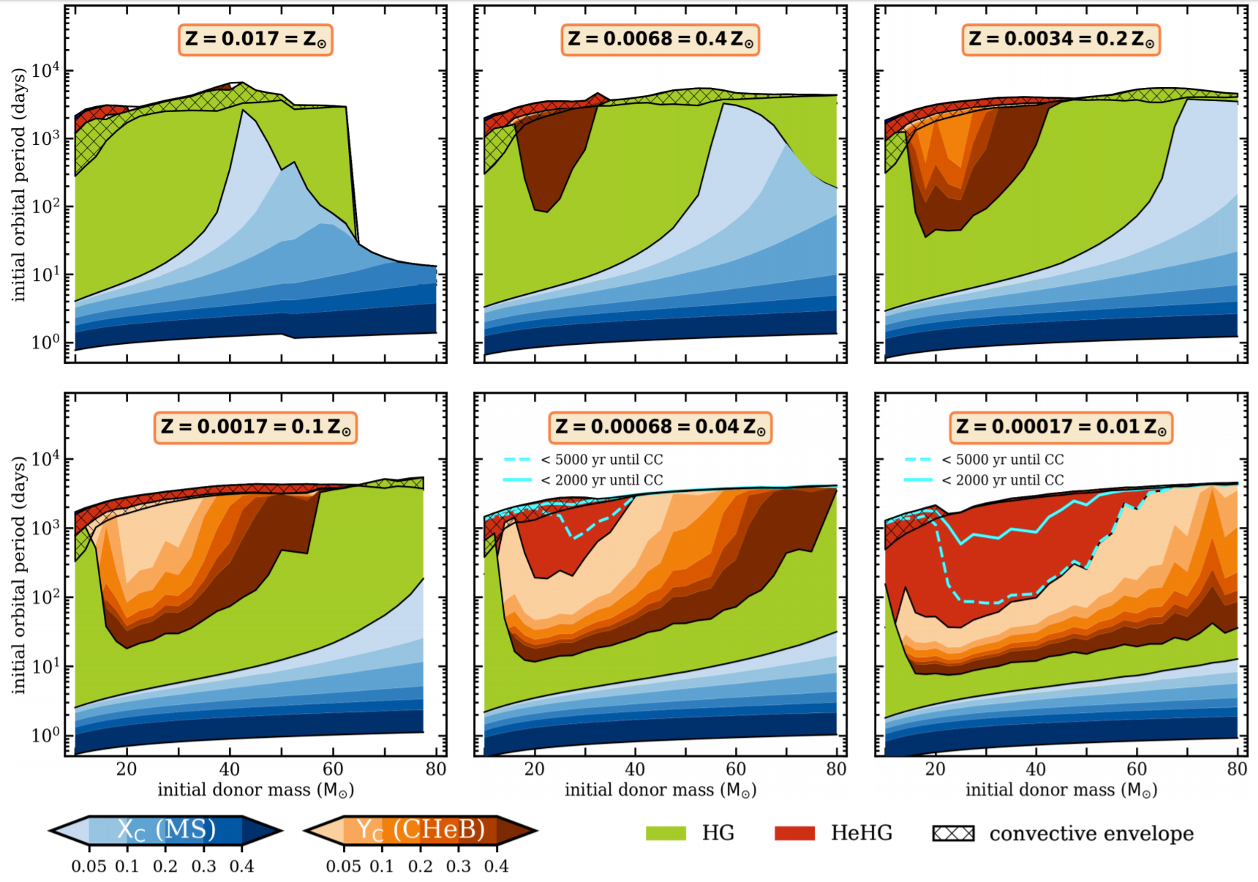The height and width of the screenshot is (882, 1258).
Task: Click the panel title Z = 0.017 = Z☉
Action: (255, 40)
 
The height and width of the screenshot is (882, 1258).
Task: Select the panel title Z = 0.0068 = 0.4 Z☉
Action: (660, 40)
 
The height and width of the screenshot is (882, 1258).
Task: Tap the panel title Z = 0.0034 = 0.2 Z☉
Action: (1061, 40)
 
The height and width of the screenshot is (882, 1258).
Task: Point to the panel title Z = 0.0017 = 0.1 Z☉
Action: (255, 427)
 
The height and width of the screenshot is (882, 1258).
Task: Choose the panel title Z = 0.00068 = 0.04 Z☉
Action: (660, 427)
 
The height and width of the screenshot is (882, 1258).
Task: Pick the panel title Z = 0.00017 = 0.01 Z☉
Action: (1061, 427)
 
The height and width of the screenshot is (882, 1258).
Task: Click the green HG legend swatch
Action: (666, 833)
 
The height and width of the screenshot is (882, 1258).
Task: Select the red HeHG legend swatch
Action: (794, 833)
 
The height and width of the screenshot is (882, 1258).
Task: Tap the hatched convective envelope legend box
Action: (953, 833)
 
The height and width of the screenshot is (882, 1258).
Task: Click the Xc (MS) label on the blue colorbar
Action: (166, 830)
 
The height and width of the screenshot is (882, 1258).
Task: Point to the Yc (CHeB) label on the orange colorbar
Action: (421, 830)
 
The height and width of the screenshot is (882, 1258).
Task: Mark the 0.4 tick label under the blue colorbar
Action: (241, 867)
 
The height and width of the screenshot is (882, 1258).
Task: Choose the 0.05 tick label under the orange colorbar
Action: (343, 867)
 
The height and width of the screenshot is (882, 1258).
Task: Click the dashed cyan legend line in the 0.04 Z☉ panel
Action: (517, 460)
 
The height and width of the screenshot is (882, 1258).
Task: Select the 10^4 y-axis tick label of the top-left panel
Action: (45, 71)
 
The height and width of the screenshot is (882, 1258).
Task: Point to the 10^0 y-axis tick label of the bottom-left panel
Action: (45, 736)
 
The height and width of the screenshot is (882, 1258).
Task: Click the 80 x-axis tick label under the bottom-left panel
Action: (436, 769)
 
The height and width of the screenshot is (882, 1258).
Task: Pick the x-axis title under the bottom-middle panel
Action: (660, 791)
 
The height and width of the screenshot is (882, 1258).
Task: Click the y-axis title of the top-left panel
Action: (19, 184)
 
